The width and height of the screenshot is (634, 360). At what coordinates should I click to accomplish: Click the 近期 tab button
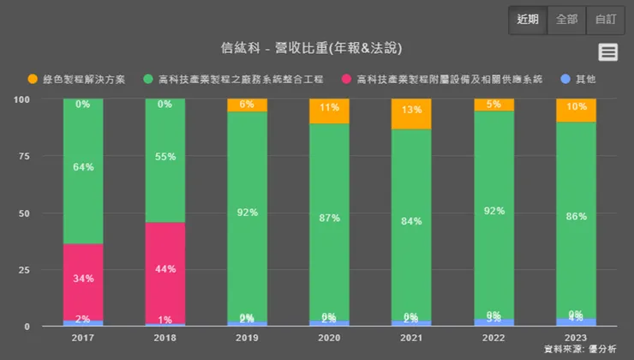[528, 20]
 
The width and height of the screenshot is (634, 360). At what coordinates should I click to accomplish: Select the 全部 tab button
[566, 20]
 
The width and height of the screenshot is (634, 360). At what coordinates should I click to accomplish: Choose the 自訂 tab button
[605, 20]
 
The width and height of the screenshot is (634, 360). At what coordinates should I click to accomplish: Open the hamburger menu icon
[608, 51]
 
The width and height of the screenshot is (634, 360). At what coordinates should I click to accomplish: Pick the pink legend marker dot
[346, 79]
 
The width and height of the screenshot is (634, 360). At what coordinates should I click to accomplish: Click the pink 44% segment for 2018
[165, 270]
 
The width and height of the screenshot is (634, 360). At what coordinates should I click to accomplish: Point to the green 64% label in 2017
[83, 167]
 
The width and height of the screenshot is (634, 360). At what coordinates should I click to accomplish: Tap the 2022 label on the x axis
[493, 339]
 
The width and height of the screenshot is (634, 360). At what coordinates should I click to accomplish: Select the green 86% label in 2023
[576, 217]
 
